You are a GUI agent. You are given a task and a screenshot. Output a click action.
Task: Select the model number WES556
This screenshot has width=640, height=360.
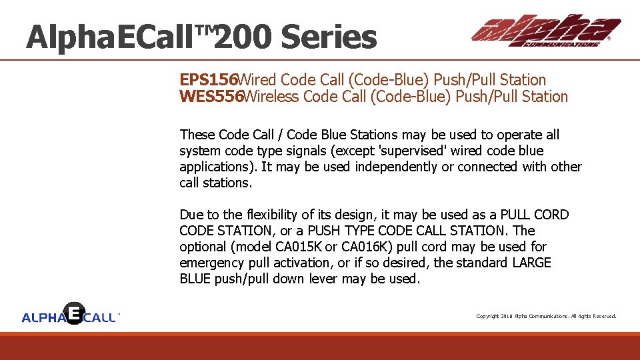(x=211, y=97)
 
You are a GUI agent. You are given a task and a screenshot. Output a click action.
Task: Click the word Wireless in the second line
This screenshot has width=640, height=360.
(x=271, y=97)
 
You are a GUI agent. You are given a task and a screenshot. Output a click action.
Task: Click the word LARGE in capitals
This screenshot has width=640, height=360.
(x=531, y=263)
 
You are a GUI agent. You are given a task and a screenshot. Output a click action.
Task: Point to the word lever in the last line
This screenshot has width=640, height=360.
(x=323, y=279)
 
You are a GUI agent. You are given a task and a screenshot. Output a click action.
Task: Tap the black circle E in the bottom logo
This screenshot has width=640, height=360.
(x=73, y=313)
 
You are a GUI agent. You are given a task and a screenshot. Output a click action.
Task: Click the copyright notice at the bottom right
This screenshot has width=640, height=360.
(x=545, y=316)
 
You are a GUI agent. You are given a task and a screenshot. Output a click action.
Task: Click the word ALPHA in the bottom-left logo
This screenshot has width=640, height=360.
(x=43, y=318)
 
